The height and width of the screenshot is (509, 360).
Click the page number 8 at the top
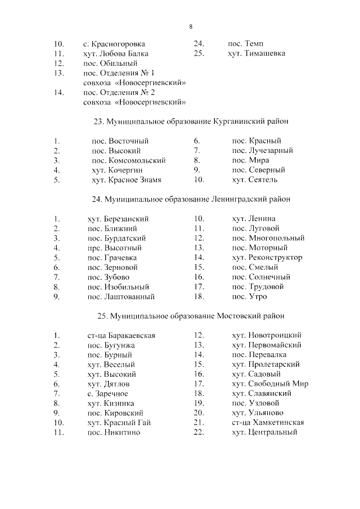[x=191, y=26]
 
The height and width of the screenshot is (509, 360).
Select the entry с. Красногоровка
[x=114, y=44]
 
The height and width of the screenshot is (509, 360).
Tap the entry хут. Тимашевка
[x=256, y=54]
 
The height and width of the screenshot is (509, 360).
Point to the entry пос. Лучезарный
[x=262, y=151]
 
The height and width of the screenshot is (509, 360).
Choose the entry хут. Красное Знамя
[x=127, y=180]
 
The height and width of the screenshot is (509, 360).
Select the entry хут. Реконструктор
[x=267, y=258]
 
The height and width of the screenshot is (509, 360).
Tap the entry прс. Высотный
[x=114, y=248]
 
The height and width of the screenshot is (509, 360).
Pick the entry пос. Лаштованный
[x=120, y=296]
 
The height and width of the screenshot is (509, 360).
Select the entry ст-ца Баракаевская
[x=121, y=336]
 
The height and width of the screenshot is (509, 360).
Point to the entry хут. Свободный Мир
[x=269, y=384]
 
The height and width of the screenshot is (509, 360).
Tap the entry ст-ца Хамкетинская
[x=268, y=423]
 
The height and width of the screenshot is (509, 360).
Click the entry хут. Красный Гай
[x=119, y=423]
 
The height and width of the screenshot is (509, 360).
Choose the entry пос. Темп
[x=245, y=44]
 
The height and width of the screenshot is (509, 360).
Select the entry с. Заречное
[x=107, y=394]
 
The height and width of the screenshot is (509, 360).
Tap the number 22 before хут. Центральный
[x=198, y=433]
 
